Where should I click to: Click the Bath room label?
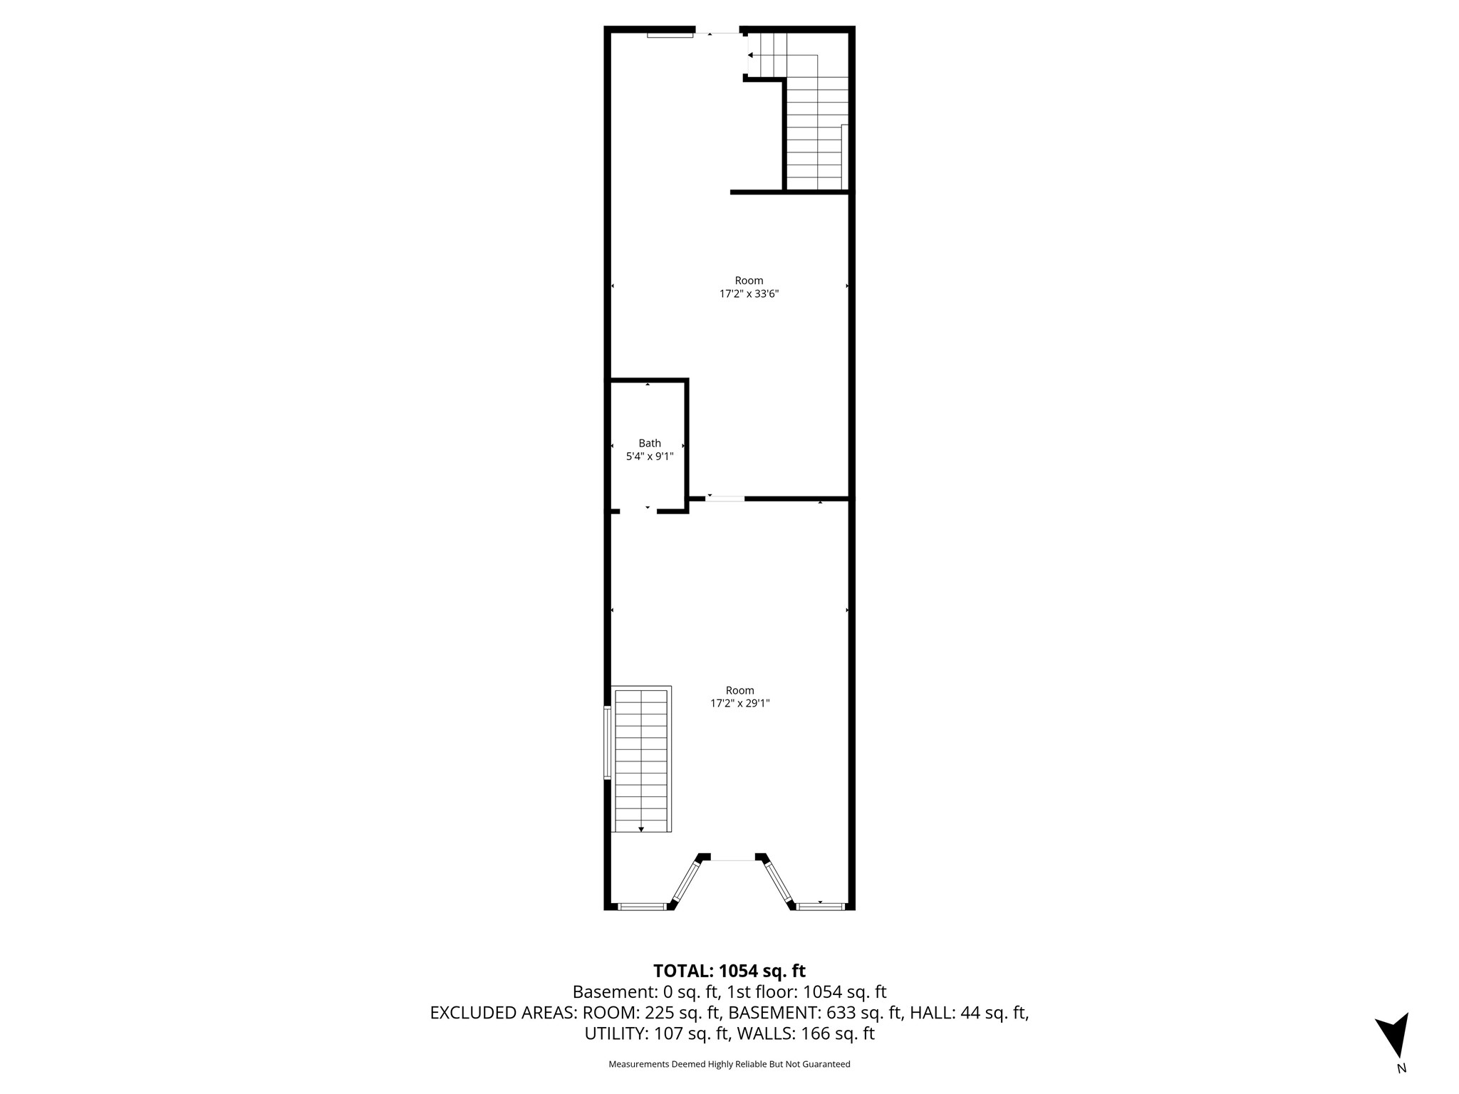650,443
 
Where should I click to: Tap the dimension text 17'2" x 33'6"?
749,293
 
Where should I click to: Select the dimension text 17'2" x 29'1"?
740,703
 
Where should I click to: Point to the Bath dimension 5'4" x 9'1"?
650,457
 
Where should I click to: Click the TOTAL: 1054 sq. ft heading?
729,971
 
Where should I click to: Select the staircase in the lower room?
642,759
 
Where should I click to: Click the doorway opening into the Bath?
638,511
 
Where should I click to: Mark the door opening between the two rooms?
725,499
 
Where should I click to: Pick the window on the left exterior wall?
608,742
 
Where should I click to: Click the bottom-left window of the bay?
641,907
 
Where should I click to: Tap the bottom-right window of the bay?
820,907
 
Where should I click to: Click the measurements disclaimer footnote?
729,1064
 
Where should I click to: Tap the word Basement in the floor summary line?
607,992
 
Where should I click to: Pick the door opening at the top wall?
717,32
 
